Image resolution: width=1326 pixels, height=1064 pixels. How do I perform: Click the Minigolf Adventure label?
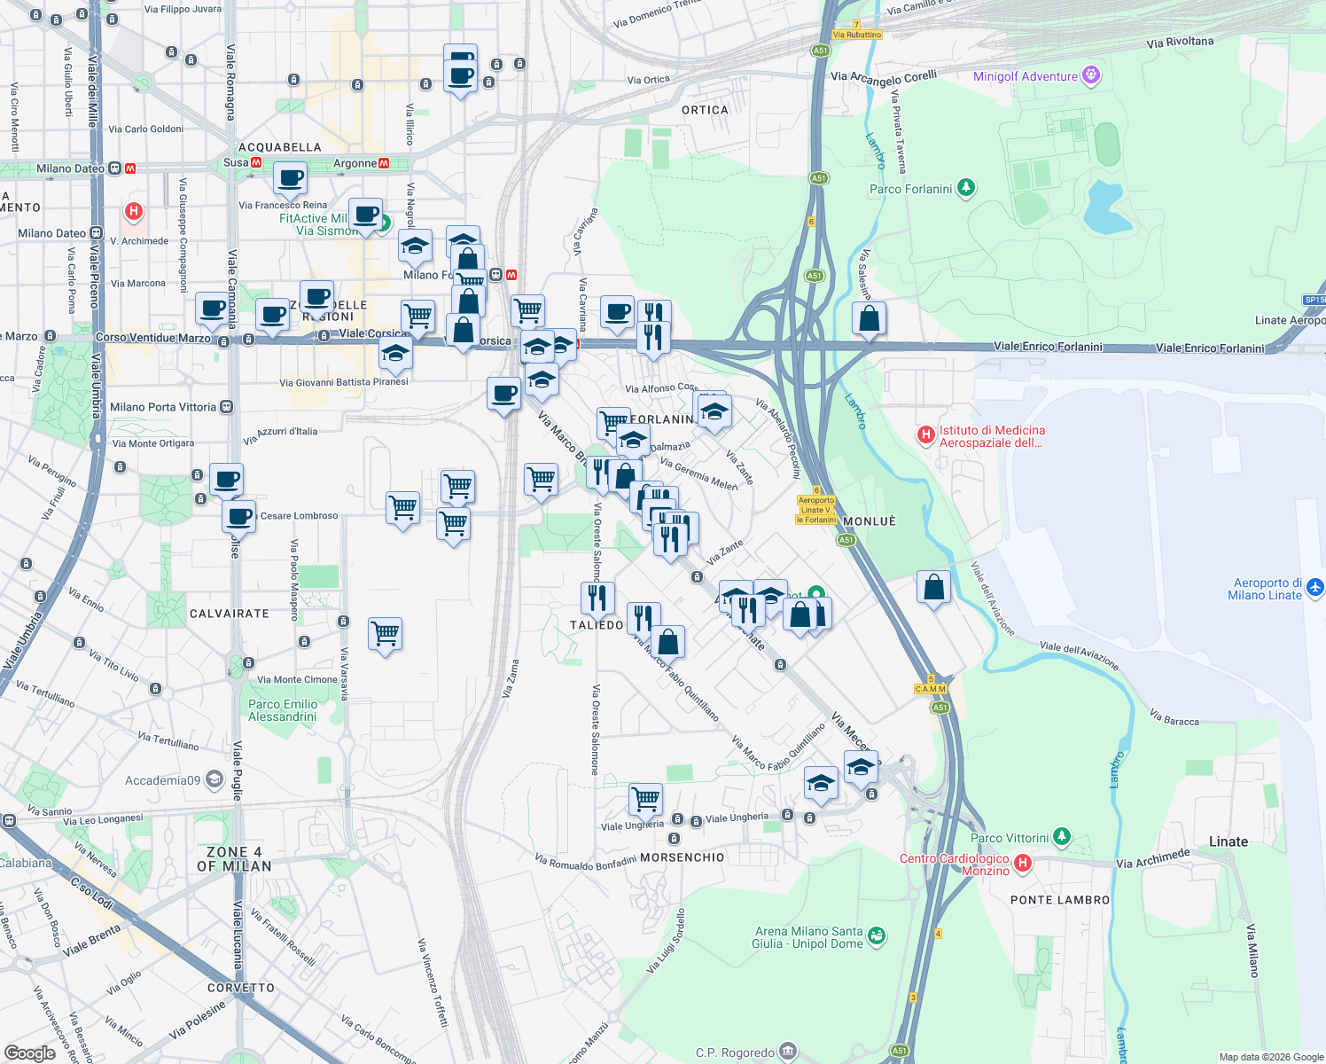point(1025,76)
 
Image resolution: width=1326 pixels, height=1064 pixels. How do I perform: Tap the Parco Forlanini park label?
point(910,189)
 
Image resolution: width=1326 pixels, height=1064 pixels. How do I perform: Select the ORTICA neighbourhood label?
point(705,110)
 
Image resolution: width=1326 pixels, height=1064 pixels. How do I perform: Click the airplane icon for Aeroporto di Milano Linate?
point(1314,587)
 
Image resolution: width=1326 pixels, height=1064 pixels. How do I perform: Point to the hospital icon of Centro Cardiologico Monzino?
point(1022,863)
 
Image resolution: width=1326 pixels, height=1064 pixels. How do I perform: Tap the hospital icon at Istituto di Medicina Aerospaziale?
point(925,434)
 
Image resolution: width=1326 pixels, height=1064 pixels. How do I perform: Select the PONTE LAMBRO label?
point(1059,900)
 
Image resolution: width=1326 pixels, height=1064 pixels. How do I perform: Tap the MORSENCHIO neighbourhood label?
point(682,857)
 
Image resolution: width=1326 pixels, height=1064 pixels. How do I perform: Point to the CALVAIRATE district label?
point(229,614)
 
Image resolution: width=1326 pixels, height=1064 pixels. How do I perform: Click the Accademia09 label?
point(162,780)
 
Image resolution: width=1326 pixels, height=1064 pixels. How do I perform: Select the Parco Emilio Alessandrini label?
point(282,710)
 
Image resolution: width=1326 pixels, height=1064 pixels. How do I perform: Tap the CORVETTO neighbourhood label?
point(240,988)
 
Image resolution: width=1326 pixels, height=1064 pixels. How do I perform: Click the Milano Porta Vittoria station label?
point(163,407)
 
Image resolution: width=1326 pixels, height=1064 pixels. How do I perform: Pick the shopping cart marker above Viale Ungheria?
point(645,798)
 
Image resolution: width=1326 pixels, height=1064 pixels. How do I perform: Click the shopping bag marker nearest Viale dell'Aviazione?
point(932,587)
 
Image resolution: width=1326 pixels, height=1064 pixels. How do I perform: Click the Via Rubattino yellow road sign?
point(857,35)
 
